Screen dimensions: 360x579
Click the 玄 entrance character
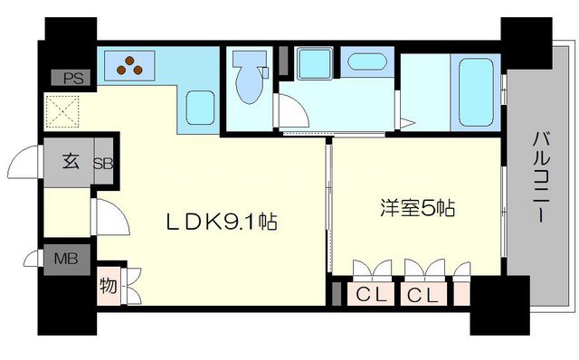coord(70,164)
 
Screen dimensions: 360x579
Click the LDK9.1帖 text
coord(218,221)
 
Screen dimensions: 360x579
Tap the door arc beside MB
coord(32,260)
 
